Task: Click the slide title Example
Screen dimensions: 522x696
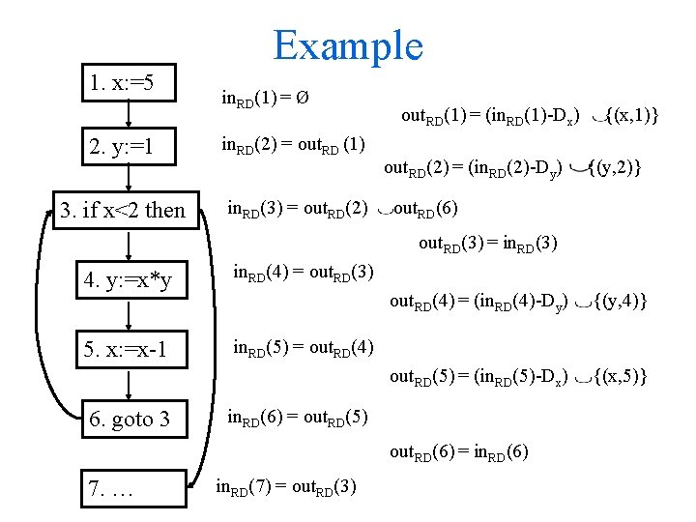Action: pos(348,45)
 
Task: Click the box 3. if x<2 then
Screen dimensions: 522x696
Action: pos(122,210)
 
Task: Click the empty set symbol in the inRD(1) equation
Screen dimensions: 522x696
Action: pos(303,98)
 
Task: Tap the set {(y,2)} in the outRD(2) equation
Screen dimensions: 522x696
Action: pos(615,168)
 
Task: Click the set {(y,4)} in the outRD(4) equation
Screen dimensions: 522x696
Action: pos(620,302)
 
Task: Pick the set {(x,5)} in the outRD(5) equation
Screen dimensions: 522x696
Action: pos(620,375)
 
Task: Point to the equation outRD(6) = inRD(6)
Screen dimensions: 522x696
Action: pos(459,450)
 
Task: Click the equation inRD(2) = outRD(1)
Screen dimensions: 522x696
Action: pos(293,146)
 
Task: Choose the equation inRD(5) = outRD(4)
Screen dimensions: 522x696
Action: pos(304,347)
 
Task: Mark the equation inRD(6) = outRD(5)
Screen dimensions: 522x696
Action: pos(298,418)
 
